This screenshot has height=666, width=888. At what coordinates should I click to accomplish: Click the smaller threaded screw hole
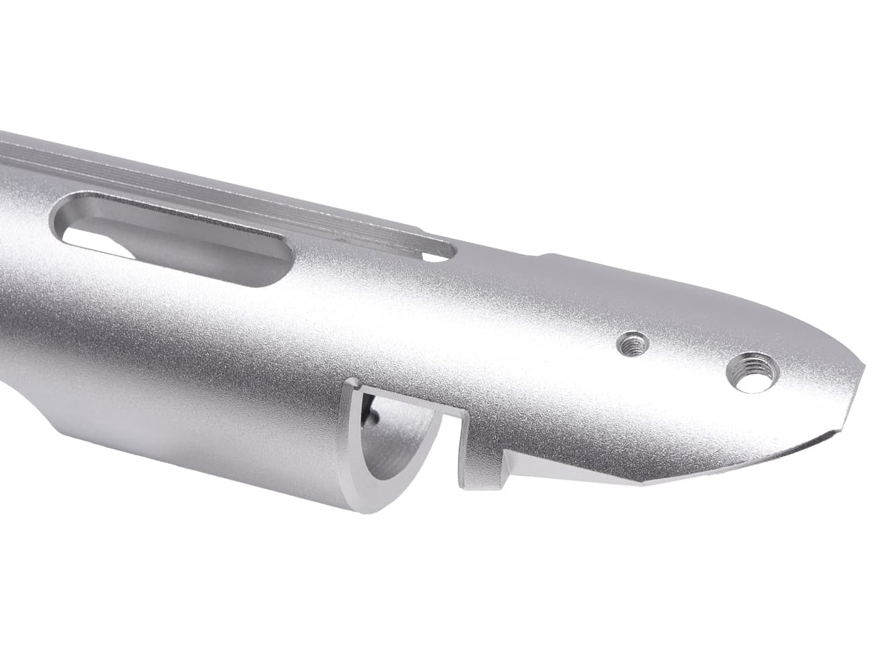click(x=632, y=344)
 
